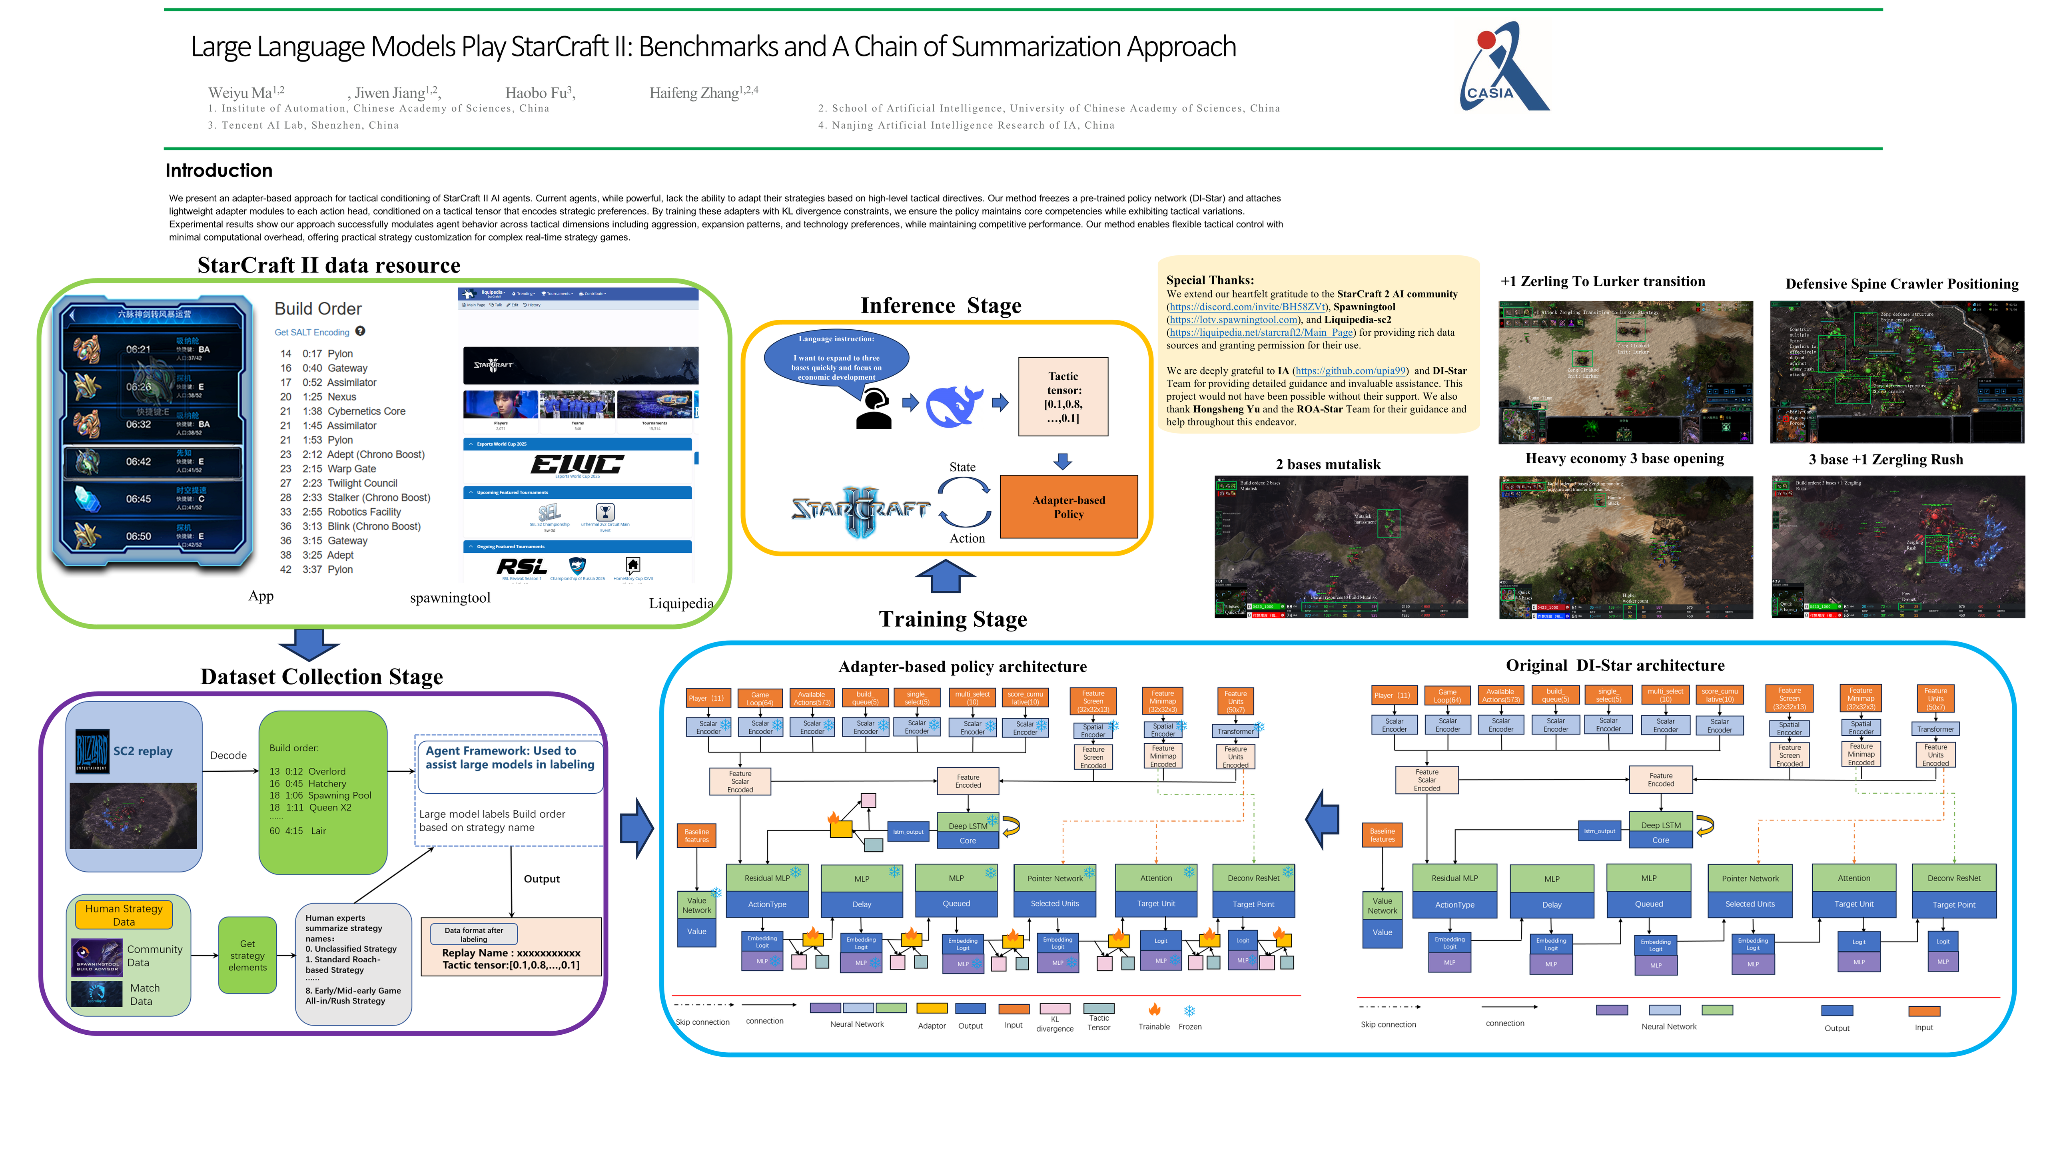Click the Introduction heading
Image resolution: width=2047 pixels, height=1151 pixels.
(219, 171)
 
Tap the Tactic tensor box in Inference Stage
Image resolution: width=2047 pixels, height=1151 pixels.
(1063, 396)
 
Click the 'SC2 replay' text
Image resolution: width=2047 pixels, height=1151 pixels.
(143, 751)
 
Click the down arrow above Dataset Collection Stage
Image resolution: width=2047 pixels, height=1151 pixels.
(309, 644)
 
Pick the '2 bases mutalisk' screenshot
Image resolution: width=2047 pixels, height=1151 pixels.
(1341, 546)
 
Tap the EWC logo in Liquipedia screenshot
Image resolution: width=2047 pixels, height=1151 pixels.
(578, 464)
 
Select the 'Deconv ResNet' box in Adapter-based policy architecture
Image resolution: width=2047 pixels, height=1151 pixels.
(1253, 878)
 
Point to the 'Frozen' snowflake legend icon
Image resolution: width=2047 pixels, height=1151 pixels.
(1189, 1011)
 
